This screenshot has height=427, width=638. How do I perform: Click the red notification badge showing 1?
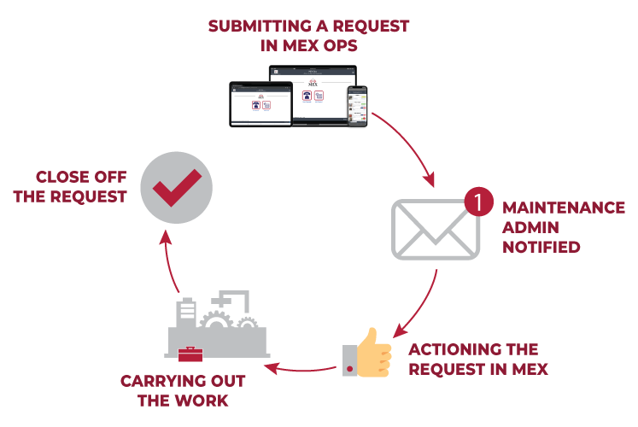479,202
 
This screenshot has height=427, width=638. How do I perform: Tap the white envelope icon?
434,229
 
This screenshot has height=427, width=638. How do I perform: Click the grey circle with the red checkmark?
176,187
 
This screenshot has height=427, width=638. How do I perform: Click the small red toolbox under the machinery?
190,354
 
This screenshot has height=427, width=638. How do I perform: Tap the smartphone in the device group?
357,106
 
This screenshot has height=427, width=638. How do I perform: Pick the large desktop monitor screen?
312,92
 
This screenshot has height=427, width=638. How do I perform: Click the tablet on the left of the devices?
260,104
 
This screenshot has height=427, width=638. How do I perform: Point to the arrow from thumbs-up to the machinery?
299,370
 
